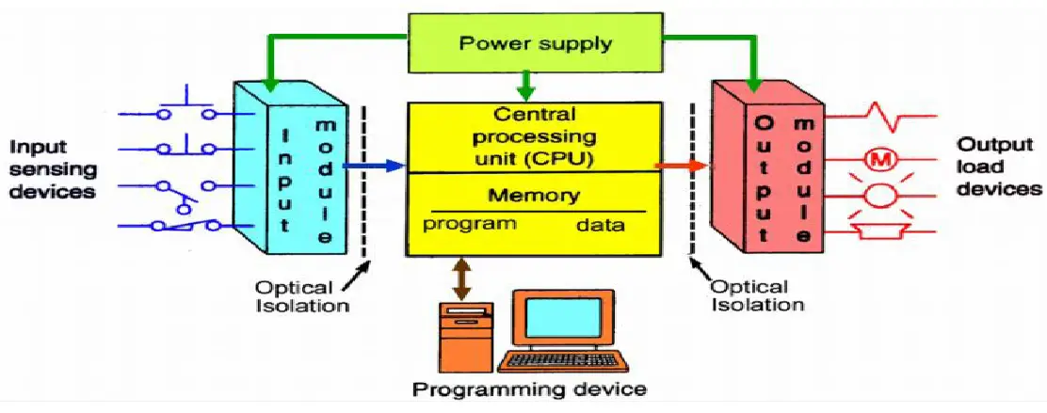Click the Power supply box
coord(534,43)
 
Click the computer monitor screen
coord(562,319)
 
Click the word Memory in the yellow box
coord(534,197)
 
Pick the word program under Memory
coord(469,224)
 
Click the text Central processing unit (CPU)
coord(534,137)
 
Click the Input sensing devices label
coord(53,169)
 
